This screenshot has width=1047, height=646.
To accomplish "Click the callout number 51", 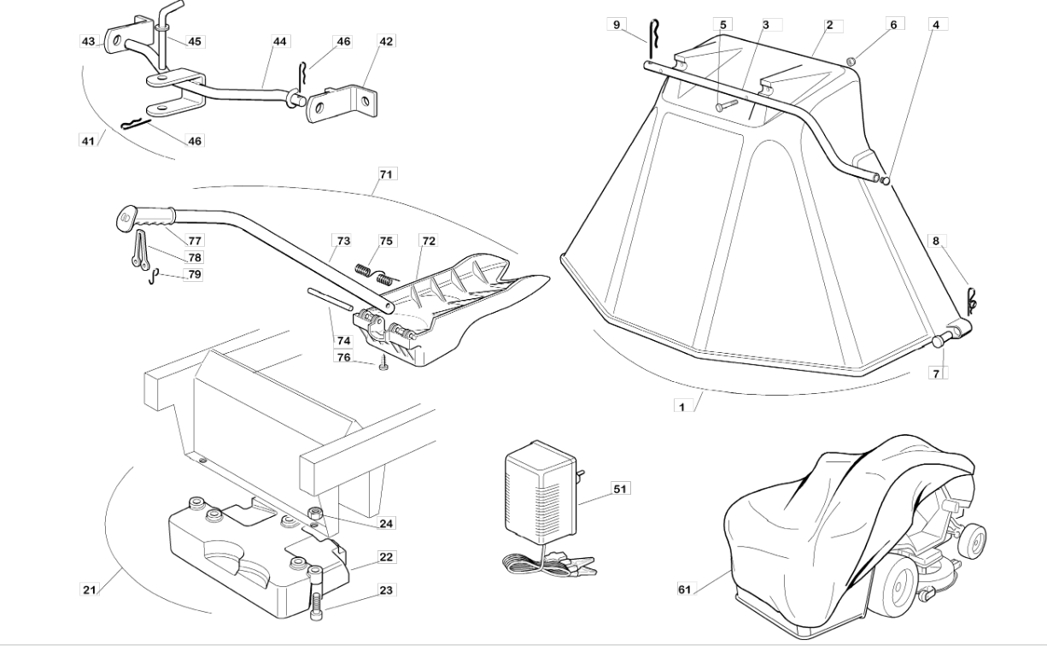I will (620, 489).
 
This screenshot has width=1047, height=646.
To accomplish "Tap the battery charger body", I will (541, 493).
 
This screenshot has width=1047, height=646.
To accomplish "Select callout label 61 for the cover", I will (684, 590).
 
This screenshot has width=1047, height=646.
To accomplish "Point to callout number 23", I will (386, 590).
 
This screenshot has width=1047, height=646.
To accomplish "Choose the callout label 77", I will (194, 241).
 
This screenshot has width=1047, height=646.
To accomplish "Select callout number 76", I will (342, 357).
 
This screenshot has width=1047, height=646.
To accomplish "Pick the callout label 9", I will (617, 25).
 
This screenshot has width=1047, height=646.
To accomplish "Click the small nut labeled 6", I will (851, 60).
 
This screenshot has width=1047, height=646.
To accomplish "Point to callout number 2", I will (828, 25).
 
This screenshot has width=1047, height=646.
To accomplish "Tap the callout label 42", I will (386, 40).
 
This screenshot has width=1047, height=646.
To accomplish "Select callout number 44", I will (280, 40).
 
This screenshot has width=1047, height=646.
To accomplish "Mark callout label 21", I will (88, 590).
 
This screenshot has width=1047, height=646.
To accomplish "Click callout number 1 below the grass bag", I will (681, 407).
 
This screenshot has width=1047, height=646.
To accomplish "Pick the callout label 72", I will (428, 241).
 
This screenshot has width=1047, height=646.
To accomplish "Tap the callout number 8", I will (935, 241).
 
